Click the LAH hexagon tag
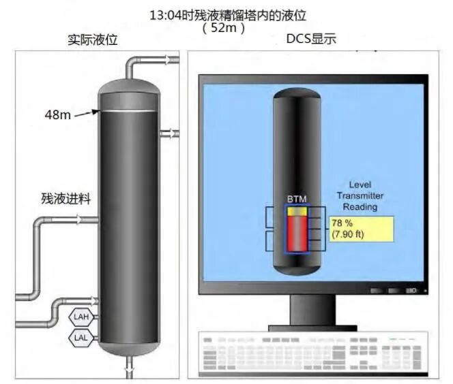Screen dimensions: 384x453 point(81,317)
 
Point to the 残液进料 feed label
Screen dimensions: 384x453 point(65,199)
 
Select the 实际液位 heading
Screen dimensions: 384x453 point(93,40)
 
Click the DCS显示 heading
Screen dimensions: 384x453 point(310,39)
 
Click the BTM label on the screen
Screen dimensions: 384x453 point(297,198)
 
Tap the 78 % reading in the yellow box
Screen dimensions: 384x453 point(342,223)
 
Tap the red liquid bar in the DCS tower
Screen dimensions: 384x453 point(297,234)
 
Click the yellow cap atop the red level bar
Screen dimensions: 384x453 point(297,211)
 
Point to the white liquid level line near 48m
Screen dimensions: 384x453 point(129,111)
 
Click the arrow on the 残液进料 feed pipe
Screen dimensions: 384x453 point(80,220)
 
